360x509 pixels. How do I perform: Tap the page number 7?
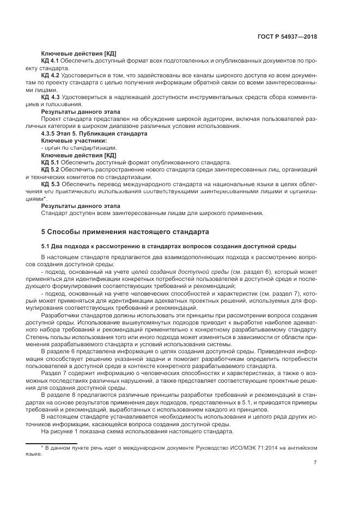(x=315, y=463)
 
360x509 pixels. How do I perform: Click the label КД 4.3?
(x=51, y=96)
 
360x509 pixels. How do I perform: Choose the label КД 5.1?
(x=51, y=162)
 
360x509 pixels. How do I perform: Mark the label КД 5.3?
(x=51, y=184)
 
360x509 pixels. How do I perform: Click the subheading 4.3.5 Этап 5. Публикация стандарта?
(x=87, y=133)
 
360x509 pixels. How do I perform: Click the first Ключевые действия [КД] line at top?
(x=78, y=53)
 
